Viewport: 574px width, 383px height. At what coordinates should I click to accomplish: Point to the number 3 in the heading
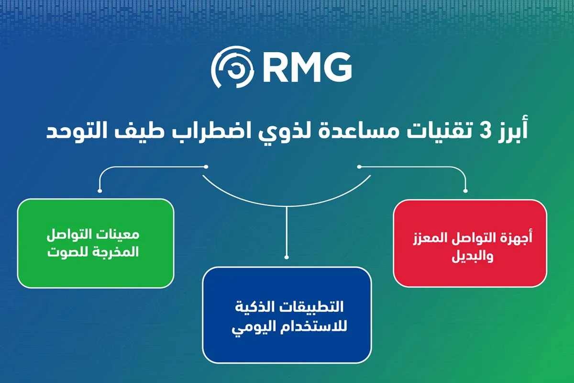pos(485,131)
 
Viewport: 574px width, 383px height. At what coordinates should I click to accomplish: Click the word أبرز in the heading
pos(511,131)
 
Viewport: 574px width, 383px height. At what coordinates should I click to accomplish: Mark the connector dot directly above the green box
pos(99,191)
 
